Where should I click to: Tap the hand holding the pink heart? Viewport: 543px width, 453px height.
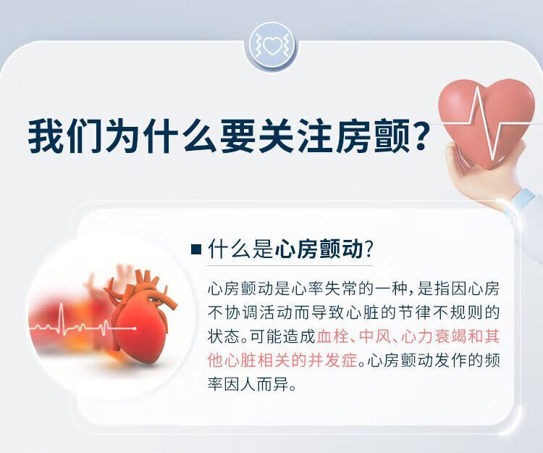click(485, 173)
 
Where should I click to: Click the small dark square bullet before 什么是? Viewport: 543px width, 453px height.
click(196, 249)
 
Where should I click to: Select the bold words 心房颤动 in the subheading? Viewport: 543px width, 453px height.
click(319, 249)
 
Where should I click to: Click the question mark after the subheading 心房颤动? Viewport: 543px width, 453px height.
click(369, 249)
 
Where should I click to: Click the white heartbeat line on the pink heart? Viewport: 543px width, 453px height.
click(487, 122)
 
